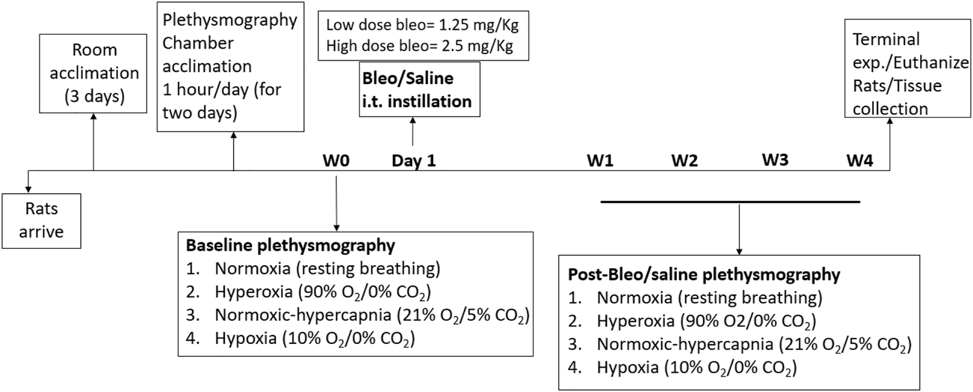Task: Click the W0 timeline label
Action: click(336, 161)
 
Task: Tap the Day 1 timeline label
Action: click(414, 161)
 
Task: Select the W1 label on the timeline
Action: click(600, 161)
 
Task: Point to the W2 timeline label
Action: click(684, 161)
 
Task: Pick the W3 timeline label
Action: click(775, 160)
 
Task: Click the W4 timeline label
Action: click(860, 161)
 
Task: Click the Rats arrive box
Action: click(41, 220)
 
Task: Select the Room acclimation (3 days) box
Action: click(94, 73)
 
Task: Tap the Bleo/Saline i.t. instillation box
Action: click(419, 89)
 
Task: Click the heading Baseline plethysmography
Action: click(290, 245)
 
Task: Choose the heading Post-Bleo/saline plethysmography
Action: click(704, 275)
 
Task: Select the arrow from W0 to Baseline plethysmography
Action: click(336, 201)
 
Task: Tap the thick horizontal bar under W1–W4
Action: click(730, 201)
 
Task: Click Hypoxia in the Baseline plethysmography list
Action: click(246, 338)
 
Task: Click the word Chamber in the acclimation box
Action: click(198, 43)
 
